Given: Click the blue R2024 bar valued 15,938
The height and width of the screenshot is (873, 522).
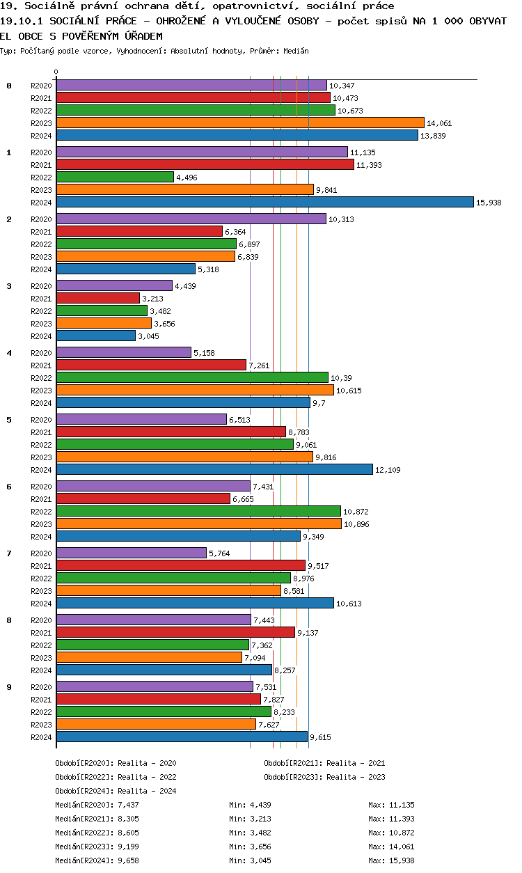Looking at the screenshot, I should [264, 202].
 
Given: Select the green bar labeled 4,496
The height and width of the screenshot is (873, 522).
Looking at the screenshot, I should [115, 177].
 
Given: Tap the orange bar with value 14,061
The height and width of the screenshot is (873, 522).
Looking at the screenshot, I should [240, 123].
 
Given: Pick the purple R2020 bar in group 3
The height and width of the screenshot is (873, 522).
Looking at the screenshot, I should [114, 285].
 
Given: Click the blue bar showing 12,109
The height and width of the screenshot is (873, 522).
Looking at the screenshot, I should [214, 469].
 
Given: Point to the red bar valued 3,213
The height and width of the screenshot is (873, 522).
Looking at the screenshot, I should [98, 298].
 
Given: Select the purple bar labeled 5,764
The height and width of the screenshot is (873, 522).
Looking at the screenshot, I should [132, 553].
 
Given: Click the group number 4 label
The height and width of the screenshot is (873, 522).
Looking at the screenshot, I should [9, 353].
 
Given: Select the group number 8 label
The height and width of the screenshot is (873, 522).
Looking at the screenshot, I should [9, 620].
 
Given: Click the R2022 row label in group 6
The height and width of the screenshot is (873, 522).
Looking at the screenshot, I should [42, 512].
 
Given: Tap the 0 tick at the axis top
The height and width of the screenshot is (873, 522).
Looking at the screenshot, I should [56, 72].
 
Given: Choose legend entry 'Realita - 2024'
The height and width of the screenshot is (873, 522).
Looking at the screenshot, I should [146, 791].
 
